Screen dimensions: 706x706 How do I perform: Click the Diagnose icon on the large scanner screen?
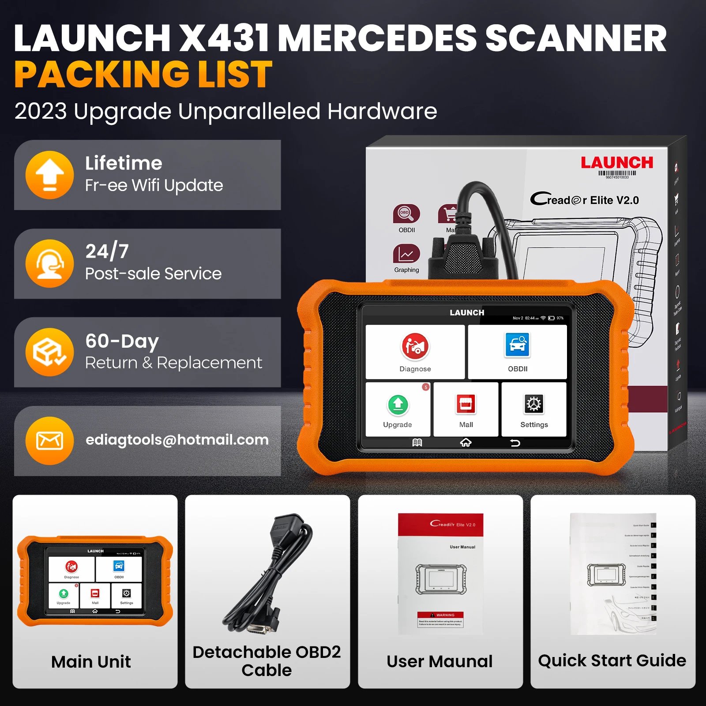[x=415, y=346]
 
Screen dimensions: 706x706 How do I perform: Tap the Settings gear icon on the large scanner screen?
[x=533, y=404]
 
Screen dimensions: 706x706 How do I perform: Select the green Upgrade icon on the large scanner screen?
[x=398, y=404]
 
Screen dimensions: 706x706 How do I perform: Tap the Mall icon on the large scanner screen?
[x=466, y=404]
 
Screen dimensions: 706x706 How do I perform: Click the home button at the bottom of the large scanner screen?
[x=466, y=443]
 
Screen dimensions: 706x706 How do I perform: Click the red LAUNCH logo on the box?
[x=616, y=162]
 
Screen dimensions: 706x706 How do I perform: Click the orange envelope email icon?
[x=49, y=440]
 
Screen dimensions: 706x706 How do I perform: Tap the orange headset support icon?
[x=49, y=263]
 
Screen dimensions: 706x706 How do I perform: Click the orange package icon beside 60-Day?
[x=49, y=352]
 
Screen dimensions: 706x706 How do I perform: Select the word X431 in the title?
[x=225, y=39]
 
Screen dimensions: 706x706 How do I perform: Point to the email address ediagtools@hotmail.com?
[x=177, y=440]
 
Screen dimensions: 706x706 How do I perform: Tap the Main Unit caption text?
[x=91, y=661]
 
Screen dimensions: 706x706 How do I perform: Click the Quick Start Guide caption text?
[x=612, y=661]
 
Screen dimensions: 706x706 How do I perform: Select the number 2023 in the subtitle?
[x=41, y=111]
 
